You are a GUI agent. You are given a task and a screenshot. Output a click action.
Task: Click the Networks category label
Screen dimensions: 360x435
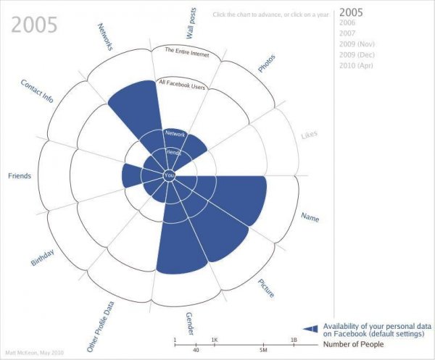(105, 37)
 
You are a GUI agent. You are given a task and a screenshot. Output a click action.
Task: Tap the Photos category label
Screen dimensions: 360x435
(266, 64)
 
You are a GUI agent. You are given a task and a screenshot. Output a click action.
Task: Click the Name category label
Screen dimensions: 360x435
(310, 217)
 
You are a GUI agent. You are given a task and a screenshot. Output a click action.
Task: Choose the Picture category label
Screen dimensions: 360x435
(267, 288)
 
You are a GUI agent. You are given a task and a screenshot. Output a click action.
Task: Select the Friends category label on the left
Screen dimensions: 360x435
(20, 176)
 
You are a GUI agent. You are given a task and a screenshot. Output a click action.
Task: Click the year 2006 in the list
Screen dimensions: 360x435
(348, 23)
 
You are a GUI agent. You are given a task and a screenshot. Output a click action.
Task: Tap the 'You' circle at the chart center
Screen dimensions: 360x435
(170, 175)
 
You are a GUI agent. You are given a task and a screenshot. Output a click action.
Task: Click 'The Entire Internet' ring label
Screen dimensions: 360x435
(186, 51)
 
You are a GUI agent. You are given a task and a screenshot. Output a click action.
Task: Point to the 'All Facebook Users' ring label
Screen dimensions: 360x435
(182, 86)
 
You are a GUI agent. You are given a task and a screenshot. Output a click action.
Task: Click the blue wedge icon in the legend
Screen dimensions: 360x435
(311, 329)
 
